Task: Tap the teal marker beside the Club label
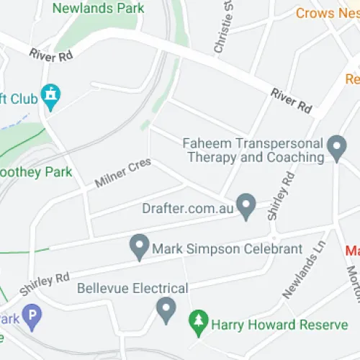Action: point(50,94)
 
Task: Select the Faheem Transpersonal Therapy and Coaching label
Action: point(253,150)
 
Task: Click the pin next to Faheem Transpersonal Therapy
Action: point(336,148)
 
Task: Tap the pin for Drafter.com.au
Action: point(247,207)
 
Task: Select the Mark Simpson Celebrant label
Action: point(227,249)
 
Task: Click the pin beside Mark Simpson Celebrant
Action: point(138,248)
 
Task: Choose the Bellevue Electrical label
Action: point(132,288)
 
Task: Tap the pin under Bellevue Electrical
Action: point(166,311)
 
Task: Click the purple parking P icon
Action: point(31,315)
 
